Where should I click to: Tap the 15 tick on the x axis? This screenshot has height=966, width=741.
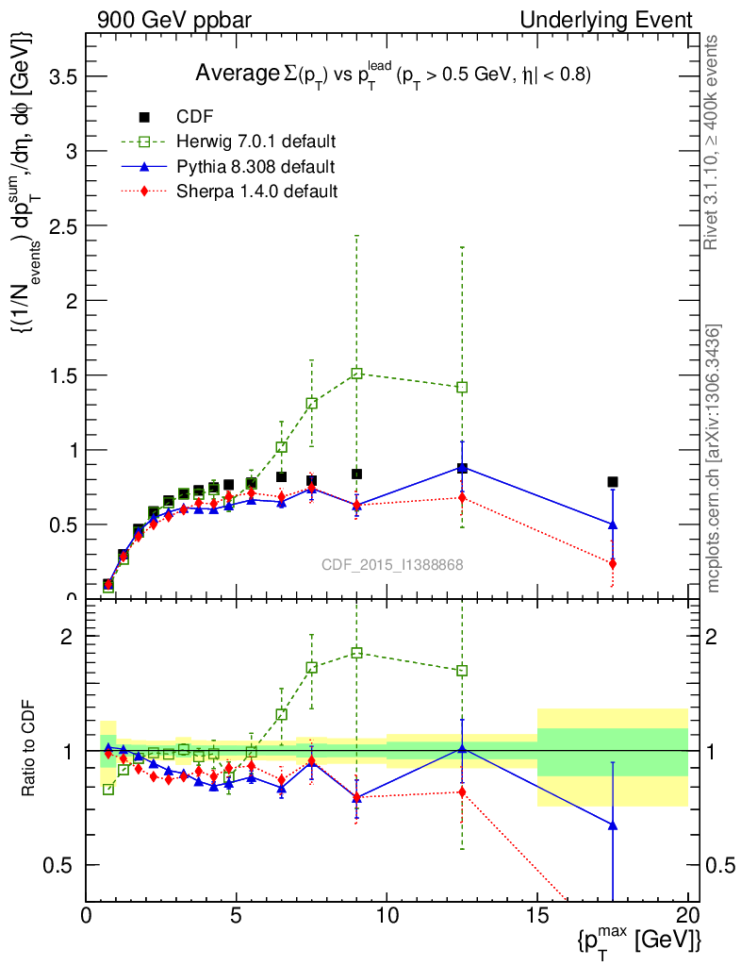(x=537, y=915)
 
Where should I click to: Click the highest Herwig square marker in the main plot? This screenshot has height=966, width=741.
(x=356, y=374)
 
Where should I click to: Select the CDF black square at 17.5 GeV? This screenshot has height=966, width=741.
(x=613, y=482)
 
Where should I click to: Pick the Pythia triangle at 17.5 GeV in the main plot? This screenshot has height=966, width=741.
(x=613, y=525)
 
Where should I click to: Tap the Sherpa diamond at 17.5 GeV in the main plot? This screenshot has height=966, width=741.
(x=613, y=563)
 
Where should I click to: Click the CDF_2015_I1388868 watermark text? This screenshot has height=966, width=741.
(x=392, y=564)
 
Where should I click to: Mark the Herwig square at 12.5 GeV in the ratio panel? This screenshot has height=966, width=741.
(x=462, y=671)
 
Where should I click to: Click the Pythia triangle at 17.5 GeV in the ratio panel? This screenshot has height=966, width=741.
(x=613, y=825)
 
